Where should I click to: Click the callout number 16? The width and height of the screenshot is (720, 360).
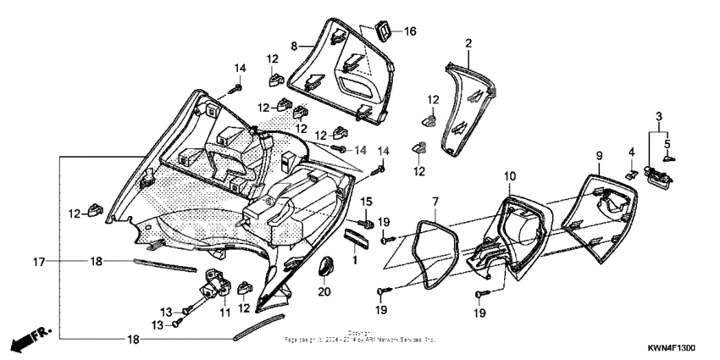pyautogui.click(x=410, y=32)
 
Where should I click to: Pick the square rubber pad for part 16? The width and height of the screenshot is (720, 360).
pyautogui.click(x=383, y=31)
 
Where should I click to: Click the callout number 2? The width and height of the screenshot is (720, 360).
pyautogui.click(x=468, y=42)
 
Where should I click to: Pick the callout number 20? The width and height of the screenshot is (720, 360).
pyautogui.click(x=323, y=292)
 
